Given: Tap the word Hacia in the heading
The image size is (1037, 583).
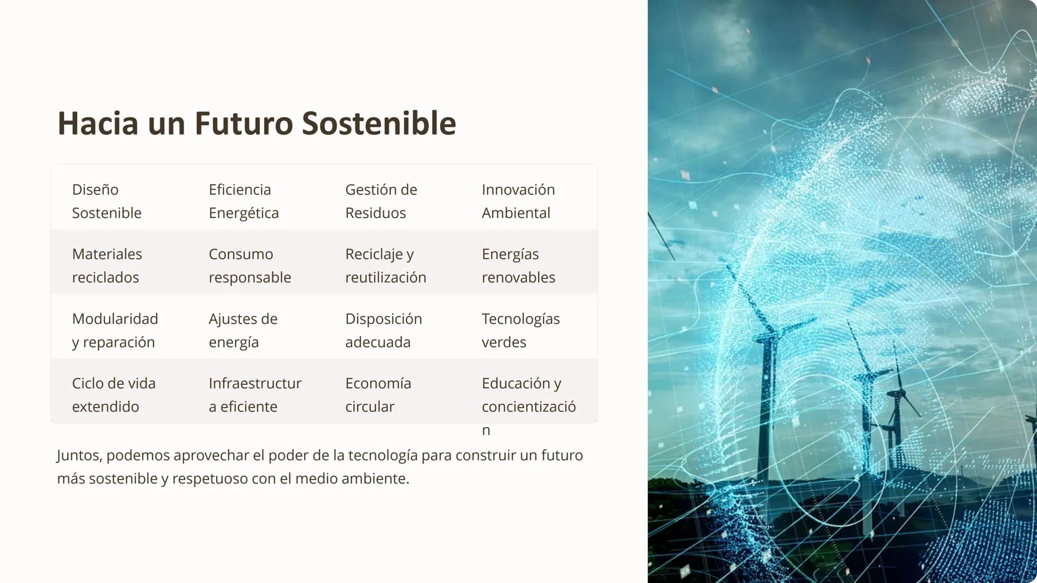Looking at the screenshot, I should click(x=98, y=124).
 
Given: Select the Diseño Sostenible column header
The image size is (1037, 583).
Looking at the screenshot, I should click(x=106, y=201).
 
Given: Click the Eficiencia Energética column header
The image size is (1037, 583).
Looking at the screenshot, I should click(x=244, y=201).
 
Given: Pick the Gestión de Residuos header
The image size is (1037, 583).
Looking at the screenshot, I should click(x=381, y=201).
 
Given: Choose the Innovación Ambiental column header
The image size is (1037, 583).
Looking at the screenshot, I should click(x=518, y=201).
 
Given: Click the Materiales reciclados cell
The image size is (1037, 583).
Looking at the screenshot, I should click(x=107, y=266).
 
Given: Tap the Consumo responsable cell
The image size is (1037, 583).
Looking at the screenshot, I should click(x=250, y=266).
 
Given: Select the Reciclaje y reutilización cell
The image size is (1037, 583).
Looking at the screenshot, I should click(x=386, y=266).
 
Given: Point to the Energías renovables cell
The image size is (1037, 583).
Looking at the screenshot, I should click(x=518, y=266).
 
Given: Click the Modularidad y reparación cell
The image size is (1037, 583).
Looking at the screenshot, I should click(x=115, y=330).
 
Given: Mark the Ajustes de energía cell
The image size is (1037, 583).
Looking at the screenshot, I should click(x=243, y=330).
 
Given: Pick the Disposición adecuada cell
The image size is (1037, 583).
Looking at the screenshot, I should click(x=383, y=330).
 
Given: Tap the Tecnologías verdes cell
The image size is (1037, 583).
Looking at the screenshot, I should click(x=521, y=330).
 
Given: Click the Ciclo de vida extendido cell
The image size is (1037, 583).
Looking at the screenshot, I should click(x=113, y=395).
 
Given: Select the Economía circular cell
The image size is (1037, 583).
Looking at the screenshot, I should click(x=378, y=395).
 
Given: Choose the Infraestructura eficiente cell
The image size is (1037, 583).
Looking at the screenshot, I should click(x=255, y=395).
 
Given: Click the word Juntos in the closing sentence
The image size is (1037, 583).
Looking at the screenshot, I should click(x=79, y=456).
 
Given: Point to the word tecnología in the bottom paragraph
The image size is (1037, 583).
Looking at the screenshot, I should click(x=382, y=456).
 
